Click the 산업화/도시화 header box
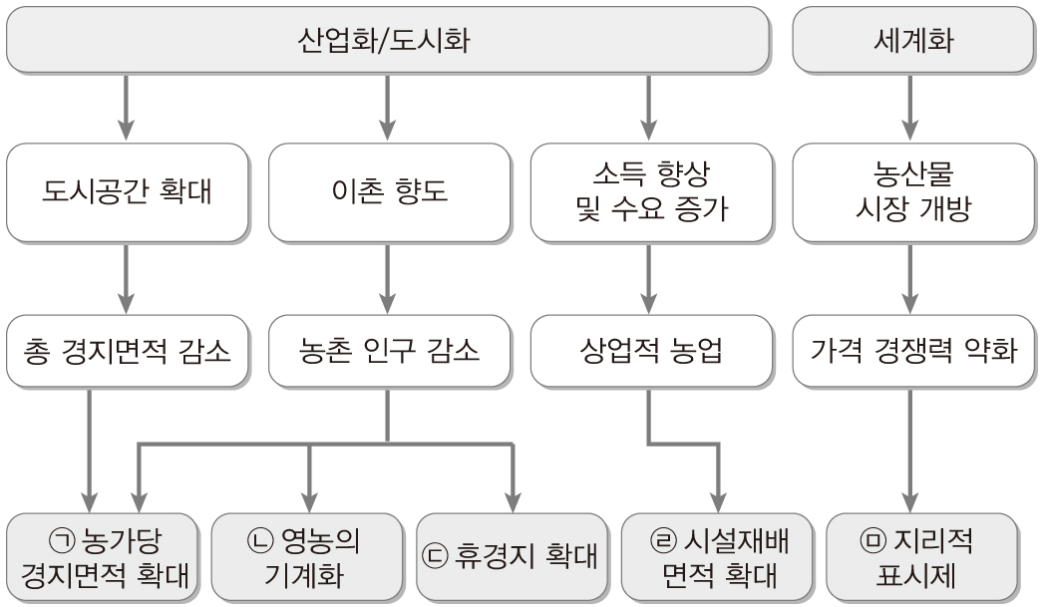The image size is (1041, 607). point(388,40)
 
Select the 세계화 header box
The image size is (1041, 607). point(911,40)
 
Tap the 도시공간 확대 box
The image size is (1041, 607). point(128,190)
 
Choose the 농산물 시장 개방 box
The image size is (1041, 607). point(911,190)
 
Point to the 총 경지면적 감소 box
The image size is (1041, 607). point(128,352)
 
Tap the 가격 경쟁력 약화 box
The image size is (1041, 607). point(911,352)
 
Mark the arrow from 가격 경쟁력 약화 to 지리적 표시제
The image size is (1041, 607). point(911,449)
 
